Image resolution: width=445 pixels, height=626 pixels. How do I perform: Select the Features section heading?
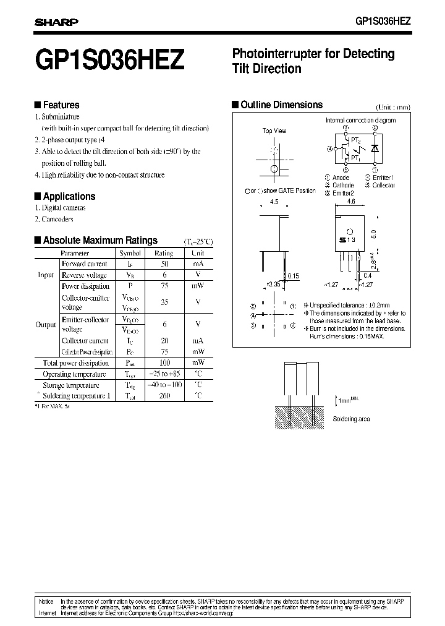click(61, 105)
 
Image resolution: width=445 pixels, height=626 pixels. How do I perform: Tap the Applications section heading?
click(69, 196)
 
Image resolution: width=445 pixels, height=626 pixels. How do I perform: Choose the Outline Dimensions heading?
click(281, 105)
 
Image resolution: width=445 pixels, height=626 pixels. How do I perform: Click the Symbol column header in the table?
click(130, 253)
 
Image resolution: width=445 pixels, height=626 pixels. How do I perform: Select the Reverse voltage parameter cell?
click(84, 275)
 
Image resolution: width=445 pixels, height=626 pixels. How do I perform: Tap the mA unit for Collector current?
click(198, 340)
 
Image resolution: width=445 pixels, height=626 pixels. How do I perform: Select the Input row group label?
click(46, 275)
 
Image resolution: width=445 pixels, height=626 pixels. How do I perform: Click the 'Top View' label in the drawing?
click(274, 131)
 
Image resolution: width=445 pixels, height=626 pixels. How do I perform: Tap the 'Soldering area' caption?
click(351, 419)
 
